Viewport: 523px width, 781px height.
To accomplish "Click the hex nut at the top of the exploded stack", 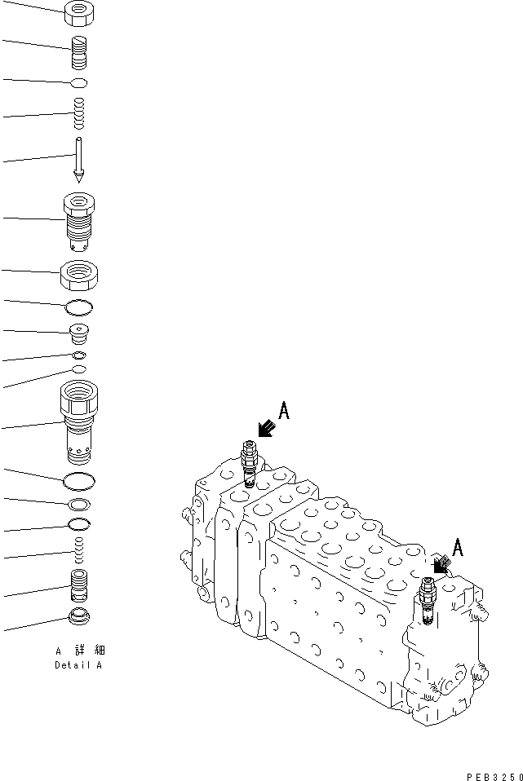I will (x=79, y=11).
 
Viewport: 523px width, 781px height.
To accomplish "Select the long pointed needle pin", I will (x=79, y=159).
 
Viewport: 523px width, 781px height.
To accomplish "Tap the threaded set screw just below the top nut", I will (x=79, y=54).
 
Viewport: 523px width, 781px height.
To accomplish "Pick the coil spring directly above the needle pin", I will (x=79, y=113).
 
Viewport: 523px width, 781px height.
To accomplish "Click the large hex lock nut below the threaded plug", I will (x=79, y=275).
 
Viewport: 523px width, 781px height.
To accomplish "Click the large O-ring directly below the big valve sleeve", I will (x=79, y=480).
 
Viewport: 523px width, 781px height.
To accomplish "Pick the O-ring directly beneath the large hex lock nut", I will (x=79, y=307).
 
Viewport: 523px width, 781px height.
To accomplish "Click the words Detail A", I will (x=79, y=664).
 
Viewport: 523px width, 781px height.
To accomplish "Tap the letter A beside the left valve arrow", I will (x=283, y=410).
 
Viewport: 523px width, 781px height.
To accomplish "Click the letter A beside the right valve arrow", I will (x=458, y=548).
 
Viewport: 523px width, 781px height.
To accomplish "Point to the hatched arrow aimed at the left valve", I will (x=264, y=428).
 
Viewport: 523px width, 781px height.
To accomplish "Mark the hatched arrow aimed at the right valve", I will (x=441, y=563).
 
